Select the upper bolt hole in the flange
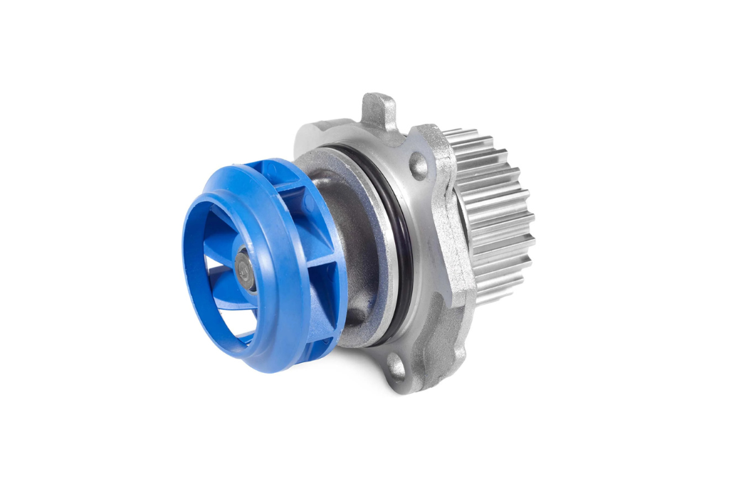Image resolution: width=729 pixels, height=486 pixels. coord(418,166)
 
